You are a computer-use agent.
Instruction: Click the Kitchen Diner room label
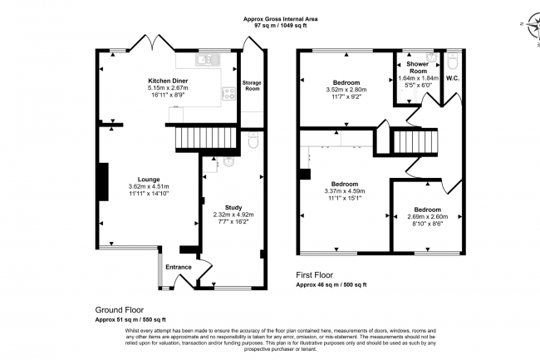[x=168, y=81]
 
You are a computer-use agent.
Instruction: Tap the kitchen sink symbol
[x=208, y=60]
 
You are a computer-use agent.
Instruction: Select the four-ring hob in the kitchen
[x=229, y=93]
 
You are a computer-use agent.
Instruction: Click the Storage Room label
[x=252, y=86]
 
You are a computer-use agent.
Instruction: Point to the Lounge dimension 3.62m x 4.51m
[x=149, y=186]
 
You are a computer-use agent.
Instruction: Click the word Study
[x=233, y=207]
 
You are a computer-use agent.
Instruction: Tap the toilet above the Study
[x=253, y=141]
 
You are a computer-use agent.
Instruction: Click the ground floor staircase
[x=206, y=138]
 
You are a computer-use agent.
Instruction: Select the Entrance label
[x=179, y=267]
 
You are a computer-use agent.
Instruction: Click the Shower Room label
[x=418, y=67]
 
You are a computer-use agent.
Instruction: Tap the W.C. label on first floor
[x=453, y=78]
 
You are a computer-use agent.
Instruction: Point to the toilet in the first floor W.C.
[x=452, y=62]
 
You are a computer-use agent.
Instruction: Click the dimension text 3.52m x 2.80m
[x=346, y=90]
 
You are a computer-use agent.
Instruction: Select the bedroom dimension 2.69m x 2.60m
[x=428, y=217]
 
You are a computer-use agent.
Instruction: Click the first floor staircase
[x=415, y=141]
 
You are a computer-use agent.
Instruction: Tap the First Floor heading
[x=315, y=275]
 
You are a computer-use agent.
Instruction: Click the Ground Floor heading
[x=120, y=310]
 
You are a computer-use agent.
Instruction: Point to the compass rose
[x=536, y=26]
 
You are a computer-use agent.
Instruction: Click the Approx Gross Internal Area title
[x=280, y=19]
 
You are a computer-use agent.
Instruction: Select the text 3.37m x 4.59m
[x=345, y=191]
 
